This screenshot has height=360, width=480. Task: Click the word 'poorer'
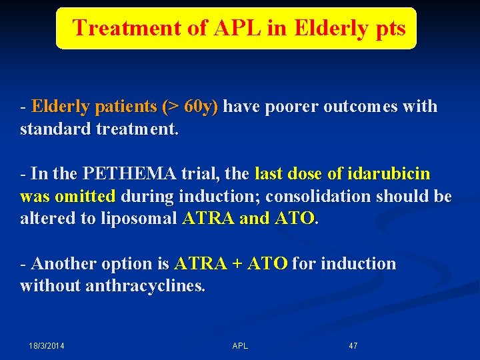292,107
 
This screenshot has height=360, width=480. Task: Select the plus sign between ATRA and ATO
236,264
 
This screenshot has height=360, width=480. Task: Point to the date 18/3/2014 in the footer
51,346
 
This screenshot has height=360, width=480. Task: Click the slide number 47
353,346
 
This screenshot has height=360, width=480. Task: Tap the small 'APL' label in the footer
240,346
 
